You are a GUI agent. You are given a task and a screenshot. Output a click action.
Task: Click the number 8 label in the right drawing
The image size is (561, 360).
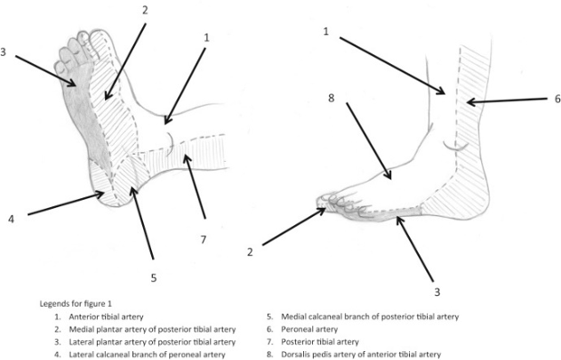click(331, 98)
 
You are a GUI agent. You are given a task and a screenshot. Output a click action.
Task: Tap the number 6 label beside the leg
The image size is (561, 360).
click(557, 99)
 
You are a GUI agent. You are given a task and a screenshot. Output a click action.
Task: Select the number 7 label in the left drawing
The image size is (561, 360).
click(204, 239)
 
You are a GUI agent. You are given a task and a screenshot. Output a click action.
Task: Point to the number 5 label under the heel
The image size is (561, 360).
click(154, 278)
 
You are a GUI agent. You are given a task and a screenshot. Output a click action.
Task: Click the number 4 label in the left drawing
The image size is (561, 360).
click(11, 219)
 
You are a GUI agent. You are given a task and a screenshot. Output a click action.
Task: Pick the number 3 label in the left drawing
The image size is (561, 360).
click(4, 52)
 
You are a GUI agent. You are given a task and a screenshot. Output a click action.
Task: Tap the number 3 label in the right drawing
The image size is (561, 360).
click(437, 292)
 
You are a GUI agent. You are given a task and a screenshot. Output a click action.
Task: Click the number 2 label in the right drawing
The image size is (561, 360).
click(250, 252)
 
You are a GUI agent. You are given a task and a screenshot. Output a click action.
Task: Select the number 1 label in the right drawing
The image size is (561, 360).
click(326, 32)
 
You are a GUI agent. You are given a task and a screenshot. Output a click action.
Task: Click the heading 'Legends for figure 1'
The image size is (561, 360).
click(75, 304)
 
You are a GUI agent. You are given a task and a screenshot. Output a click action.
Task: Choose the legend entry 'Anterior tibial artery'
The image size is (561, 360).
click(106, 317)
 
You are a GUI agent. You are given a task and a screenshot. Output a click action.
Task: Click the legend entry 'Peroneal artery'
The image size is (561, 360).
click(309, 329)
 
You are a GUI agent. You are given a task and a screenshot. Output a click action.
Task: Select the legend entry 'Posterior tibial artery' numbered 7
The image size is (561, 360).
click(319, 342)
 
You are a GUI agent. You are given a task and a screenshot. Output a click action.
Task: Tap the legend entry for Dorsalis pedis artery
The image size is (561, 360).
click(361, 355)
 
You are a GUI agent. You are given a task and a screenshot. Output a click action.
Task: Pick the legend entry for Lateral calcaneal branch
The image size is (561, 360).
click(147, 355)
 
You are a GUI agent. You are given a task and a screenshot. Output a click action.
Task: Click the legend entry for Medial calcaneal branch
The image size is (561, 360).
click(369, 317)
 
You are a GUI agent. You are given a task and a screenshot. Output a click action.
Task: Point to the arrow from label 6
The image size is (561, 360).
click(508, 101)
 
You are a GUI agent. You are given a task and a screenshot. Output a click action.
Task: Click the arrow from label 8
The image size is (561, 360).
click(369, 141)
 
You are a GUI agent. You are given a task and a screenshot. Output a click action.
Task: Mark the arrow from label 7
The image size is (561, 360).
click(195, 186)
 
